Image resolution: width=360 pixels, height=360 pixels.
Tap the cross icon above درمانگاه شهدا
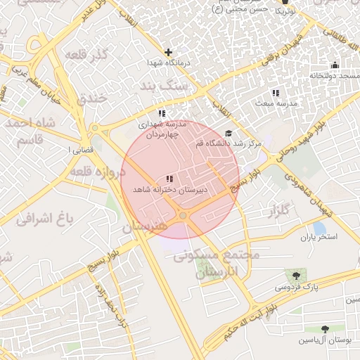168,52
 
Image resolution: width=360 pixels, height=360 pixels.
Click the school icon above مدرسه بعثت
276,93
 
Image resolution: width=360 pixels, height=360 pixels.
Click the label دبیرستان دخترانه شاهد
169,190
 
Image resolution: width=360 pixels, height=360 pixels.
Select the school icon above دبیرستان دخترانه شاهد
169,179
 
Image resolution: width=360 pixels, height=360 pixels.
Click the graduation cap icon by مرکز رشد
228,133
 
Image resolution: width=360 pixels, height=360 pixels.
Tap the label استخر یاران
319,237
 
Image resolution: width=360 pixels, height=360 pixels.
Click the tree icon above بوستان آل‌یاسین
325,329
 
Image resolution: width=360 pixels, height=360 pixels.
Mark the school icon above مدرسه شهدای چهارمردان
162,113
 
